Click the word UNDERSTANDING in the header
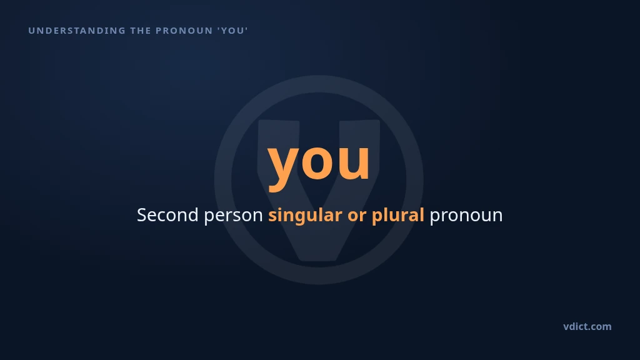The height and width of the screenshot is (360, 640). (x=77, y=31)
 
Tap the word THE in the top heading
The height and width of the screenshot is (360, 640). (x=141, y=31)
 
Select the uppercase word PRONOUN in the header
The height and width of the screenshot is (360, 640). (x=184, y=31)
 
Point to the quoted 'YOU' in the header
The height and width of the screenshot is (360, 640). (x=232, y=31)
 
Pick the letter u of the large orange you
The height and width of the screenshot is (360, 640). (x=354, y=161)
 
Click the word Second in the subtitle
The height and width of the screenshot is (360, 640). (x=167, y=215)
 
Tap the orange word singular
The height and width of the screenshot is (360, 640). (x=305, y=216)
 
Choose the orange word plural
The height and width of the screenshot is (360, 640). (x=397, y=216)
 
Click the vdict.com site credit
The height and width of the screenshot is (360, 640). (x=587, y=326)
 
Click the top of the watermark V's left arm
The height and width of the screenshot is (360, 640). (x=279, y=121)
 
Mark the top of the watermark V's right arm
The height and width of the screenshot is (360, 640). (x=359, y=121)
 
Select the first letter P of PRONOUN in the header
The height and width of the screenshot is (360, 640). (x=158, y=31)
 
